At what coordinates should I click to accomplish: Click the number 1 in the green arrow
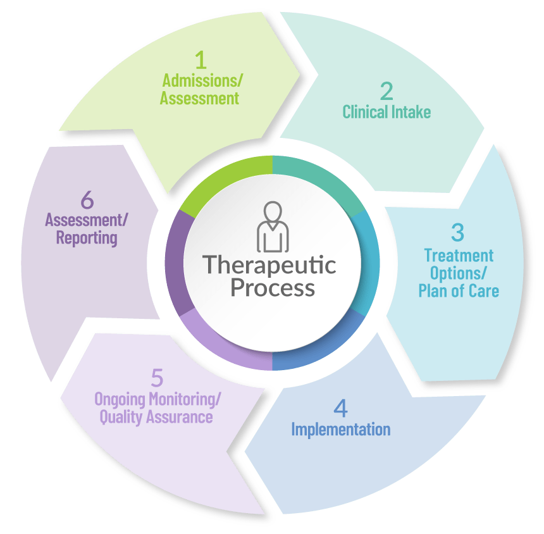tap(201, 61)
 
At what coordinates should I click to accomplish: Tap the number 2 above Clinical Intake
tap(386, 92)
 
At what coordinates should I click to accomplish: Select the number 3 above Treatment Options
tap(457, 232)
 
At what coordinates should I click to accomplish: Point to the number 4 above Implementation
tap(340, 409)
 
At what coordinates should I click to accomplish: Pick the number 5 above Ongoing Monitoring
tap(158, 378)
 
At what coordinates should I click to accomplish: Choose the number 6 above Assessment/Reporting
tap(87, 200)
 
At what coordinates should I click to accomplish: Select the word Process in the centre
tap(272, 288)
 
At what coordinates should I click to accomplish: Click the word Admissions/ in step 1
tap(203, 81)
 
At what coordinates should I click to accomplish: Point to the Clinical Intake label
tap(386, 113)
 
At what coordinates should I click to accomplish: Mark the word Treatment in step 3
tap(459, 256)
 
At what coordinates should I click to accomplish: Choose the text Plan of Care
tap(459, 292)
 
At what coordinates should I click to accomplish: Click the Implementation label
tap(340, 429)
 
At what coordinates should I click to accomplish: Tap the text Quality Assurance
tap(158, 418)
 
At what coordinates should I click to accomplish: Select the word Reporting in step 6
tap(87, 238)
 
